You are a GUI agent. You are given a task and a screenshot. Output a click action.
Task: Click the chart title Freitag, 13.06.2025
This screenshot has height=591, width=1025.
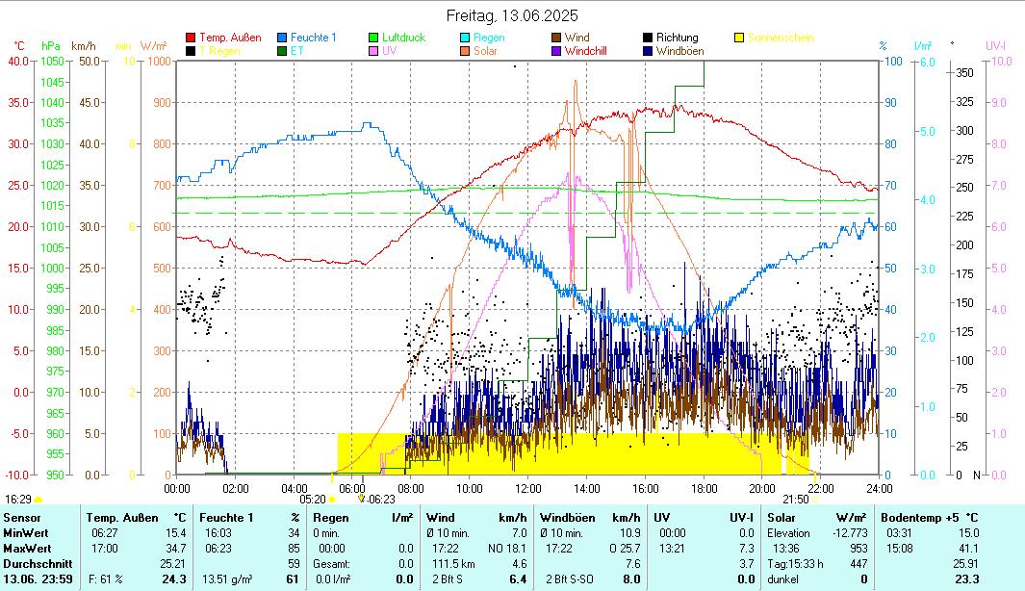512,15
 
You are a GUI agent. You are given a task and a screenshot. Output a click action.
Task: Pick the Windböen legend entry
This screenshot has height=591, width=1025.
678,51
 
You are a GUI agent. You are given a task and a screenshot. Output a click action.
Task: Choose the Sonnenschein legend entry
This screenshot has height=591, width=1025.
780,38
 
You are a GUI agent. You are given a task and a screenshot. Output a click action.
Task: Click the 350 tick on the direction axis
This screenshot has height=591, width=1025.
962,72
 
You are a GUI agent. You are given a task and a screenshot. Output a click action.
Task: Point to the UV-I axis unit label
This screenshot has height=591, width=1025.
995,45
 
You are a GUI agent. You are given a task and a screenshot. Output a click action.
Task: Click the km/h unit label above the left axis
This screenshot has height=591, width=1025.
84,45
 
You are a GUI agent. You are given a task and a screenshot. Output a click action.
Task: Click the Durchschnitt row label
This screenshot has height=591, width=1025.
31,563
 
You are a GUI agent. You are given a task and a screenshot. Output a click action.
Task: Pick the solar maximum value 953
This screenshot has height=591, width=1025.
858,548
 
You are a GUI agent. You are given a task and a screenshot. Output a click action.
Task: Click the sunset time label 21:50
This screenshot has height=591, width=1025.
795,500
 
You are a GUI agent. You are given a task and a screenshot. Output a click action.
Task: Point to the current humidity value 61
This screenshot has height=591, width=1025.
292,578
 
